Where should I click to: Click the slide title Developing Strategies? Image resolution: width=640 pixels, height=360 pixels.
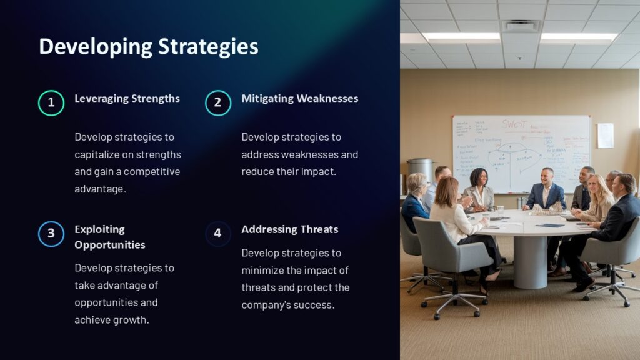[x=148, y=47]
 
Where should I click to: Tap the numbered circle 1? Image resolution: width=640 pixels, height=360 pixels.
[x=51, y=103]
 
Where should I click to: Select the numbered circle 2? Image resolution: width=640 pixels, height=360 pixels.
[x=218, y=103]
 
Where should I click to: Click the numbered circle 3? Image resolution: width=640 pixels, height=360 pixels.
[x=51, y=234]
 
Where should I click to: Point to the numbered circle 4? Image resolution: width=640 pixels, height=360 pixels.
[x=218, y=234]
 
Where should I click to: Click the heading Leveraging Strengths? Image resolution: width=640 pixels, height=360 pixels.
[x=127, y=98]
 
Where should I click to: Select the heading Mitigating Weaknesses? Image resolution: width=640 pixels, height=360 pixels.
[x=299, y=98]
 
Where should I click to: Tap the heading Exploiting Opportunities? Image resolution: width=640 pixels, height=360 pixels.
[x=109, y=237]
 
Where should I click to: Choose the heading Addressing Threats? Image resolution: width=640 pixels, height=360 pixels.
[x=289, y=229]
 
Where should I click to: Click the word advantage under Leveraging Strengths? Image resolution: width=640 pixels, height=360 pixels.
[x=100, y=189]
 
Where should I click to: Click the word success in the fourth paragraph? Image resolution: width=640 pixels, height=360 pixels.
[x=312, y=305]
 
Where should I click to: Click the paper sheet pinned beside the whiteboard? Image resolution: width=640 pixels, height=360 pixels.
[x=605, y=136]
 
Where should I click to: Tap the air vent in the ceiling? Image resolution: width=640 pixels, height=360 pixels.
[x=521, y=26]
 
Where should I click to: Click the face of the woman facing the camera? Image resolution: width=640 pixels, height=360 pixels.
[x=478, y=177]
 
